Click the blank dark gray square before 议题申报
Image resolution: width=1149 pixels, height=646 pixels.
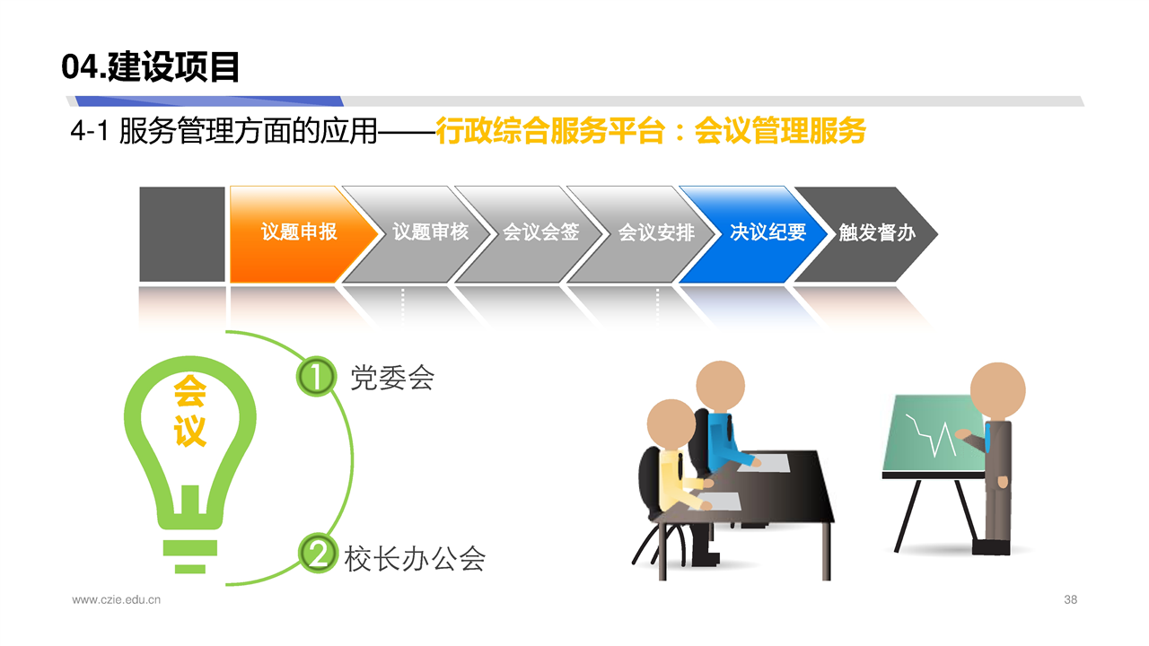(182, 234)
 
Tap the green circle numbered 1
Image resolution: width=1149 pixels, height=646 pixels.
(317, 376)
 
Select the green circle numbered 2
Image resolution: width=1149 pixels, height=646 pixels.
(318, 554)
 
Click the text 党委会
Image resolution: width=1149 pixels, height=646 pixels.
(392, 378)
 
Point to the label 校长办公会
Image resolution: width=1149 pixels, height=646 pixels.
(415, 558)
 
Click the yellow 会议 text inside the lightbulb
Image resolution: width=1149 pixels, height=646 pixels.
(189, 411)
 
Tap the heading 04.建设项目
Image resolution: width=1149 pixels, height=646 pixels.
(150, 67)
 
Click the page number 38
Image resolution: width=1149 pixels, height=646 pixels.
(1071, 599)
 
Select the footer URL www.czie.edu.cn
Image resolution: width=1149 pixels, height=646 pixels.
(116, 599)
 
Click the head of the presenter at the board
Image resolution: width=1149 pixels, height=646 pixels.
(997, 390)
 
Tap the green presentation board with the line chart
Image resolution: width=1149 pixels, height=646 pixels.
(934, 433)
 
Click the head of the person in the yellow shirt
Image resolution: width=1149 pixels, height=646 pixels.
(671, 425)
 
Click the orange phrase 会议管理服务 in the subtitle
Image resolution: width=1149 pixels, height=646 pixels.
(780, 130)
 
